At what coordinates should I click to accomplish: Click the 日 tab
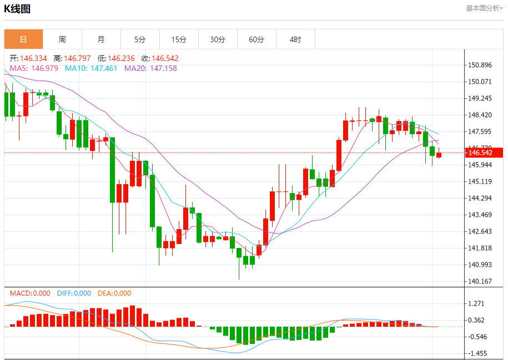click(x=23, y=39)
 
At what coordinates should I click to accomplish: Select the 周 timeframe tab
click(x=62, y=39)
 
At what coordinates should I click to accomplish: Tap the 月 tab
click(x=101, y=39)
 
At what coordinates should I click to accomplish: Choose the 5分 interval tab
click(x=140, y=39)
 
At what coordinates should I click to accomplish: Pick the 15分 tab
click(x=179, y=39)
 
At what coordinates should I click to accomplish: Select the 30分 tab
click(x=218, y=39)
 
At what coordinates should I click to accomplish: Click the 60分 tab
click(x=256, y=39)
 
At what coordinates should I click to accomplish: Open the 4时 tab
click(x=295, y=39)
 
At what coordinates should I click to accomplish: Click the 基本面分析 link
click(x=484, y=8)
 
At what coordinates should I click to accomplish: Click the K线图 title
click(x=17, y=9)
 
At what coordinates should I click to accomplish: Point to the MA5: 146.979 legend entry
click(x=34, y=68)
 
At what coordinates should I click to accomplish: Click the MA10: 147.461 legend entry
click(x=91, y=68)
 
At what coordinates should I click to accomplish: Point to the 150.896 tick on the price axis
click(x=480, y=65)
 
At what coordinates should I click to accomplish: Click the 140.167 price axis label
click(x=480, y=281)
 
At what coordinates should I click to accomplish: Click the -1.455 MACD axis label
click(x=477, y=353)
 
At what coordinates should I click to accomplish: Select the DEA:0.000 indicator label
click(x=114, y=293)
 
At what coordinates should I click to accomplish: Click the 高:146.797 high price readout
click(x=72, y=58)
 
